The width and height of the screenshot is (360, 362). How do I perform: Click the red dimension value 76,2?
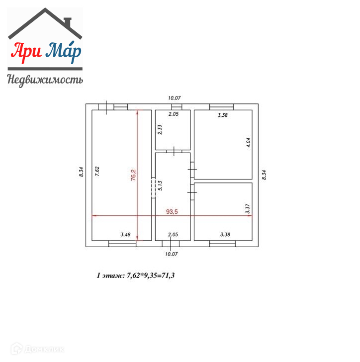[x=133, y=175]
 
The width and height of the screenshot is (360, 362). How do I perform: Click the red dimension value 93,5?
[x=172, y=211]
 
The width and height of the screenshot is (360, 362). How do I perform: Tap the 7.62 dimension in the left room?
[x=97, y=172]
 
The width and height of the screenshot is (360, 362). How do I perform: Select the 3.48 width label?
[x=126, y=235]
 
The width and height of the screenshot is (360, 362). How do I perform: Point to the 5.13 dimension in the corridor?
[x=160, y=185]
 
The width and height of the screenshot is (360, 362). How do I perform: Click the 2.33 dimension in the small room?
[x=160, y=129]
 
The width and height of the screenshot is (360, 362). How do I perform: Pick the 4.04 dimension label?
[x=248, y=142]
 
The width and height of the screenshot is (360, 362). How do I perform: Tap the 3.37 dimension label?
[x=248, y=208]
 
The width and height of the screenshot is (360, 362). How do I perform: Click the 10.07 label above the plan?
[x=175, y=98]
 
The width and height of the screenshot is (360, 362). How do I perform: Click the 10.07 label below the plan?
[x=172, y=254]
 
